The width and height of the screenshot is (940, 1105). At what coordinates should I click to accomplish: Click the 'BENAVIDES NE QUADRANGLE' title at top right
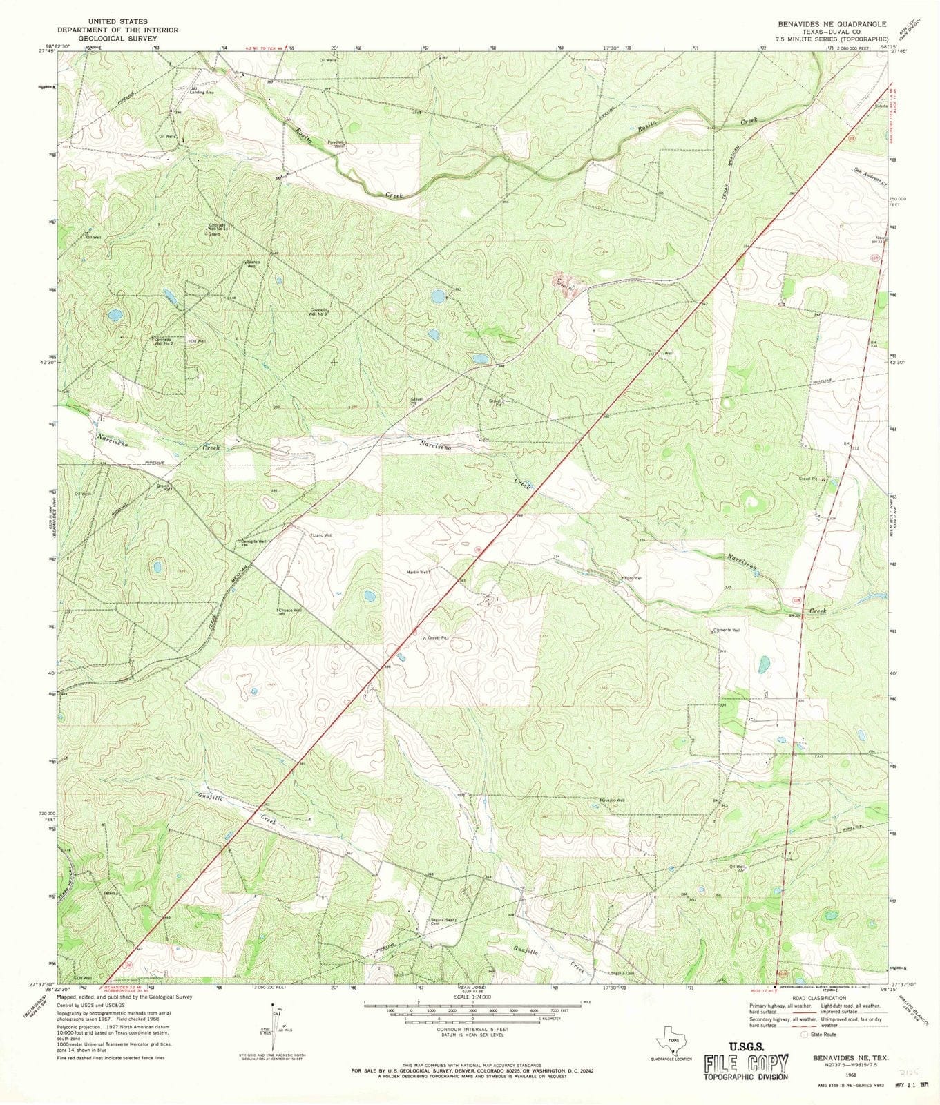832,23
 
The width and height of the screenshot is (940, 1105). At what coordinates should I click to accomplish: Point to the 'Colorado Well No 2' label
164,341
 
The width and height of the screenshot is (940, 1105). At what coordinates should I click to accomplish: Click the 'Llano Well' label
323,535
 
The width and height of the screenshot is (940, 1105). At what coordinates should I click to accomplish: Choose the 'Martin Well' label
419,572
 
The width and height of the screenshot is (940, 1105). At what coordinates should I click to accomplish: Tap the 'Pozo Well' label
633,578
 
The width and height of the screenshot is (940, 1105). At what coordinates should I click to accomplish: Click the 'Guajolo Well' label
613,800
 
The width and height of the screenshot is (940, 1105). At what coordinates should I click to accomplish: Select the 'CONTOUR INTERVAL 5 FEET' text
472,1029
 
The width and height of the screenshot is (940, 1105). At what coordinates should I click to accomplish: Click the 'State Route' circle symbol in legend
805,1034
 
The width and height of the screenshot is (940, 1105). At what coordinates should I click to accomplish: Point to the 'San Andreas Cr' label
868,177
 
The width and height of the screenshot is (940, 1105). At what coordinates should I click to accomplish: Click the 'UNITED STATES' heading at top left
117,22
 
